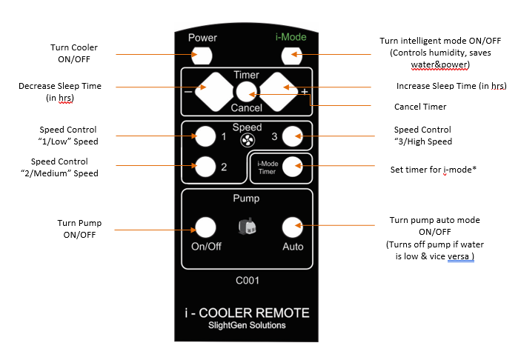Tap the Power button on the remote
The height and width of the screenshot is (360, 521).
[x=202, y=56]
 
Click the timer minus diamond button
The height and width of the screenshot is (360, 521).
[x=214, y=92]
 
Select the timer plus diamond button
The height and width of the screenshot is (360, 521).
[x=279, y=92]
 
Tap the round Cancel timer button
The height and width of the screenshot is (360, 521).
[x=246, y=92]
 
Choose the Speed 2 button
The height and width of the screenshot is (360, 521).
[x=205, y=167]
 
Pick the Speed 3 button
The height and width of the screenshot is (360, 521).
[x=293, y=136]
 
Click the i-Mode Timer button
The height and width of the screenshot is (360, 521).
[x=293, y=166]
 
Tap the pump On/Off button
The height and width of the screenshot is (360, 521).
[x=205, y=227]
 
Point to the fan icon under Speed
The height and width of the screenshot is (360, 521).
[x=248, y=141]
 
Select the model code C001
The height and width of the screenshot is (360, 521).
[x=248, y=281]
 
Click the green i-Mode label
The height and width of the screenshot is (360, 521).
[x=291, y=37]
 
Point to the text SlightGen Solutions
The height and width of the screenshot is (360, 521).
[x=247, y=325]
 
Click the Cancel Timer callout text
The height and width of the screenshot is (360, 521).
[x=420, y=107]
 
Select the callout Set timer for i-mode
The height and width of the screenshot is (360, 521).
[x=434, y=170]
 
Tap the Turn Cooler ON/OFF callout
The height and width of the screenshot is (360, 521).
[x=74, y=53]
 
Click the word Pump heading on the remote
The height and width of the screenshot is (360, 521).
[x=246, y=199]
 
